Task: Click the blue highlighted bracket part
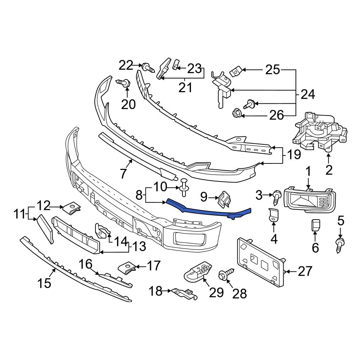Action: (x=209, y=210)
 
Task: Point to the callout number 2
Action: (x=329, y=169)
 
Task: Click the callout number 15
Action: (x=45, y=283)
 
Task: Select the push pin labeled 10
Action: (x=185, y=188)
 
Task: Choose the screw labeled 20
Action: (x=123, y=84)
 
